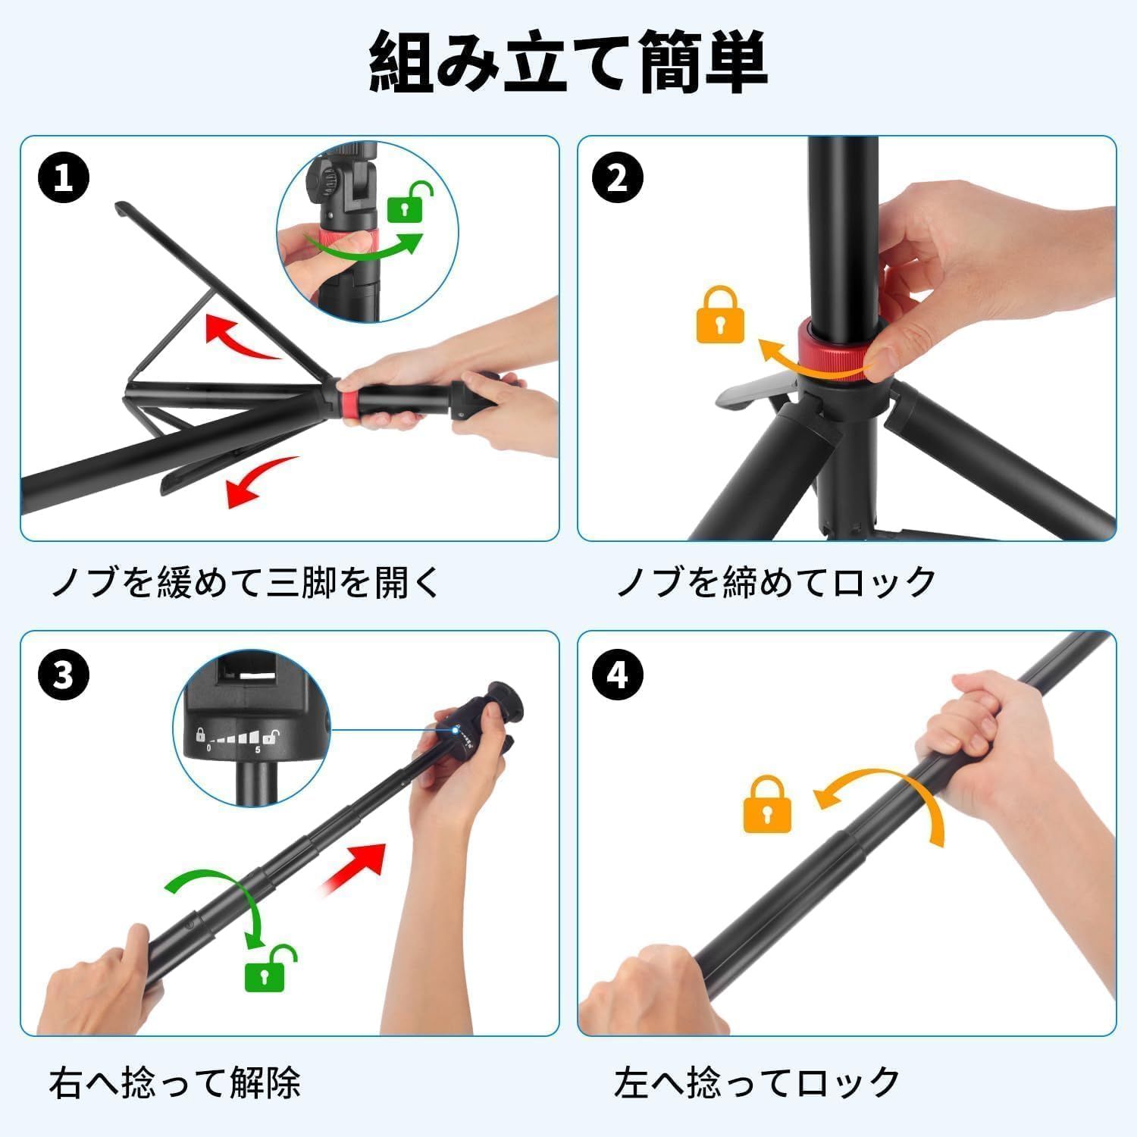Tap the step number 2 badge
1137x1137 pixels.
click(618, 178)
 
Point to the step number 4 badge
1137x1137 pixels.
click(618, 673)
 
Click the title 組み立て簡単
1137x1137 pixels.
click(568, 63)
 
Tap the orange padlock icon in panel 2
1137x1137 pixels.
click(720, 314)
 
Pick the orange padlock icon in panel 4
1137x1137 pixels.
click(767, 803)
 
